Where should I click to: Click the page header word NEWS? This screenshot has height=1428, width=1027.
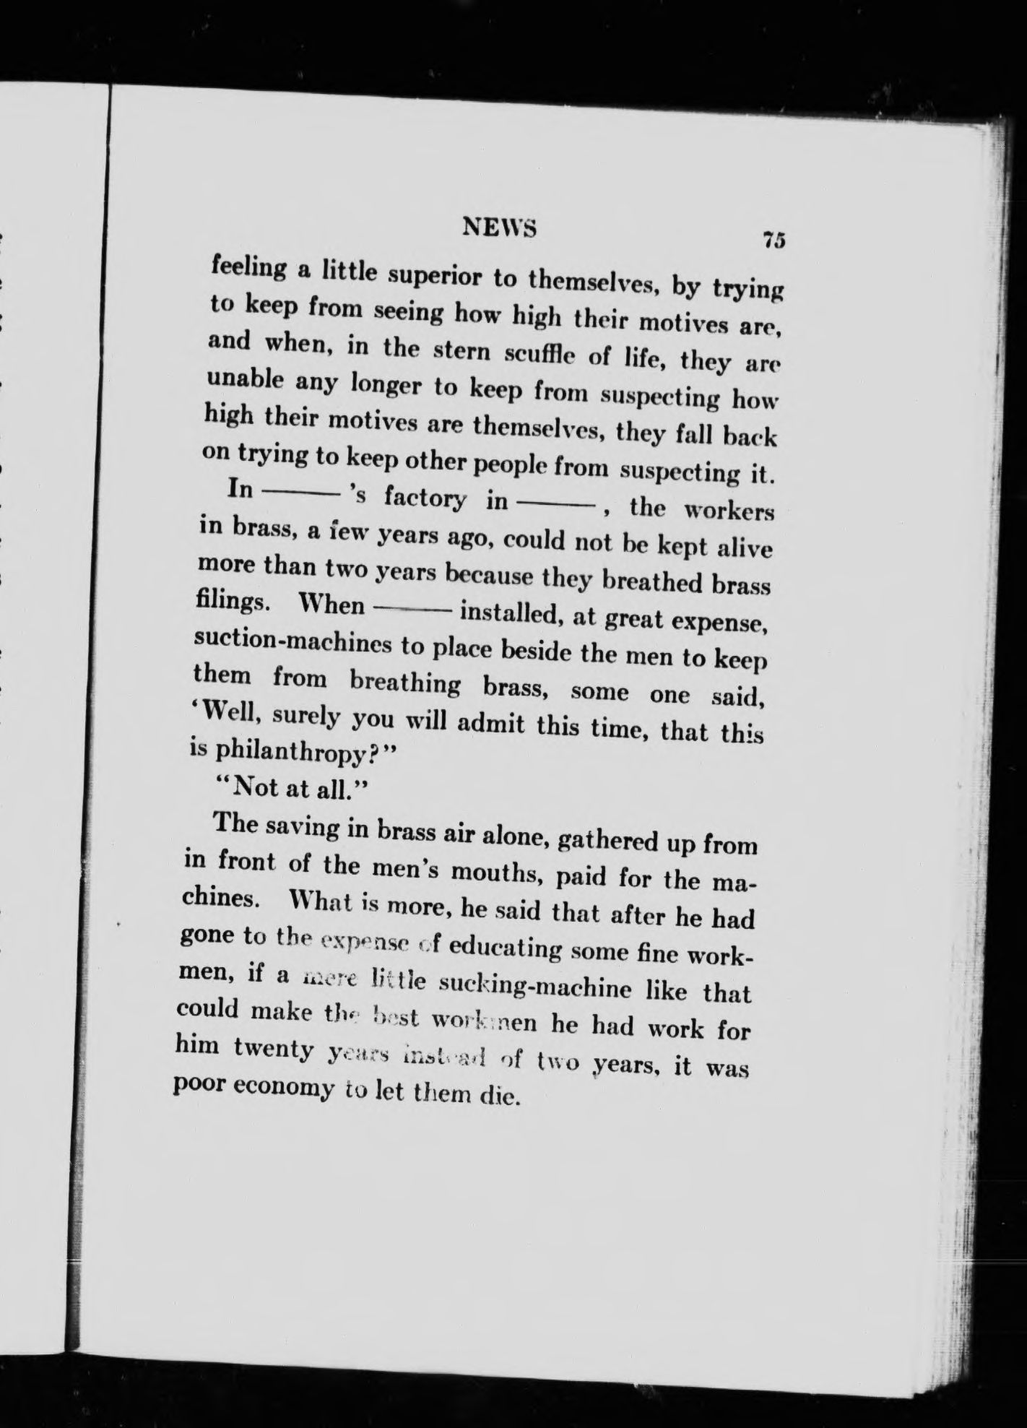pyautogui.click(x=500, y=228)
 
